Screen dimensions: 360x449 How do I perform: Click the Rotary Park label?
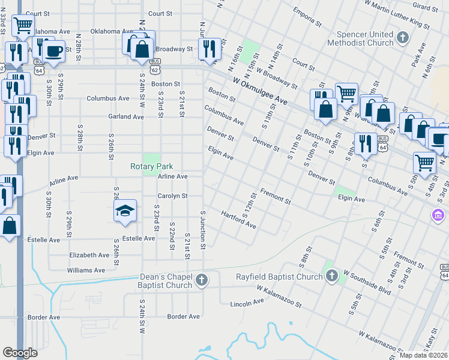(152, 166)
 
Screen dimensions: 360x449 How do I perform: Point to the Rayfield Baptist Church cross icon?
(331, 276)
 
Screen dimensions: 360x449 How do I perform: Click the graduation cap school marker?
(125, 211)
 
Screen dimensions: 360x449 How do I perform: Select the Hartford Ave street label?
(238, 220)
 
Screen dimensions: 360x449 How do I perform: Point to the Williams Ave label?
(86, 271)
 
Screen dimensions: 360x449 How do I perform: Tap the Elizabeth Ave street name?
(89, 255)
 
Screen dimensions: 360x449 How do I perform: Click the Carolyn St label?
(172, 196)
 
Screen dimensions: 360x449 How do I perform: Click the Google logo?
(20, 353)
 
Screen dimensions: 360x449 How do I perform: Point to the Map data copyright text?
(423, 355)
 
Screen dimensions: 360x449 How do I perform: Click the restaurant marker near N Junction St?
(209, 49)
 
